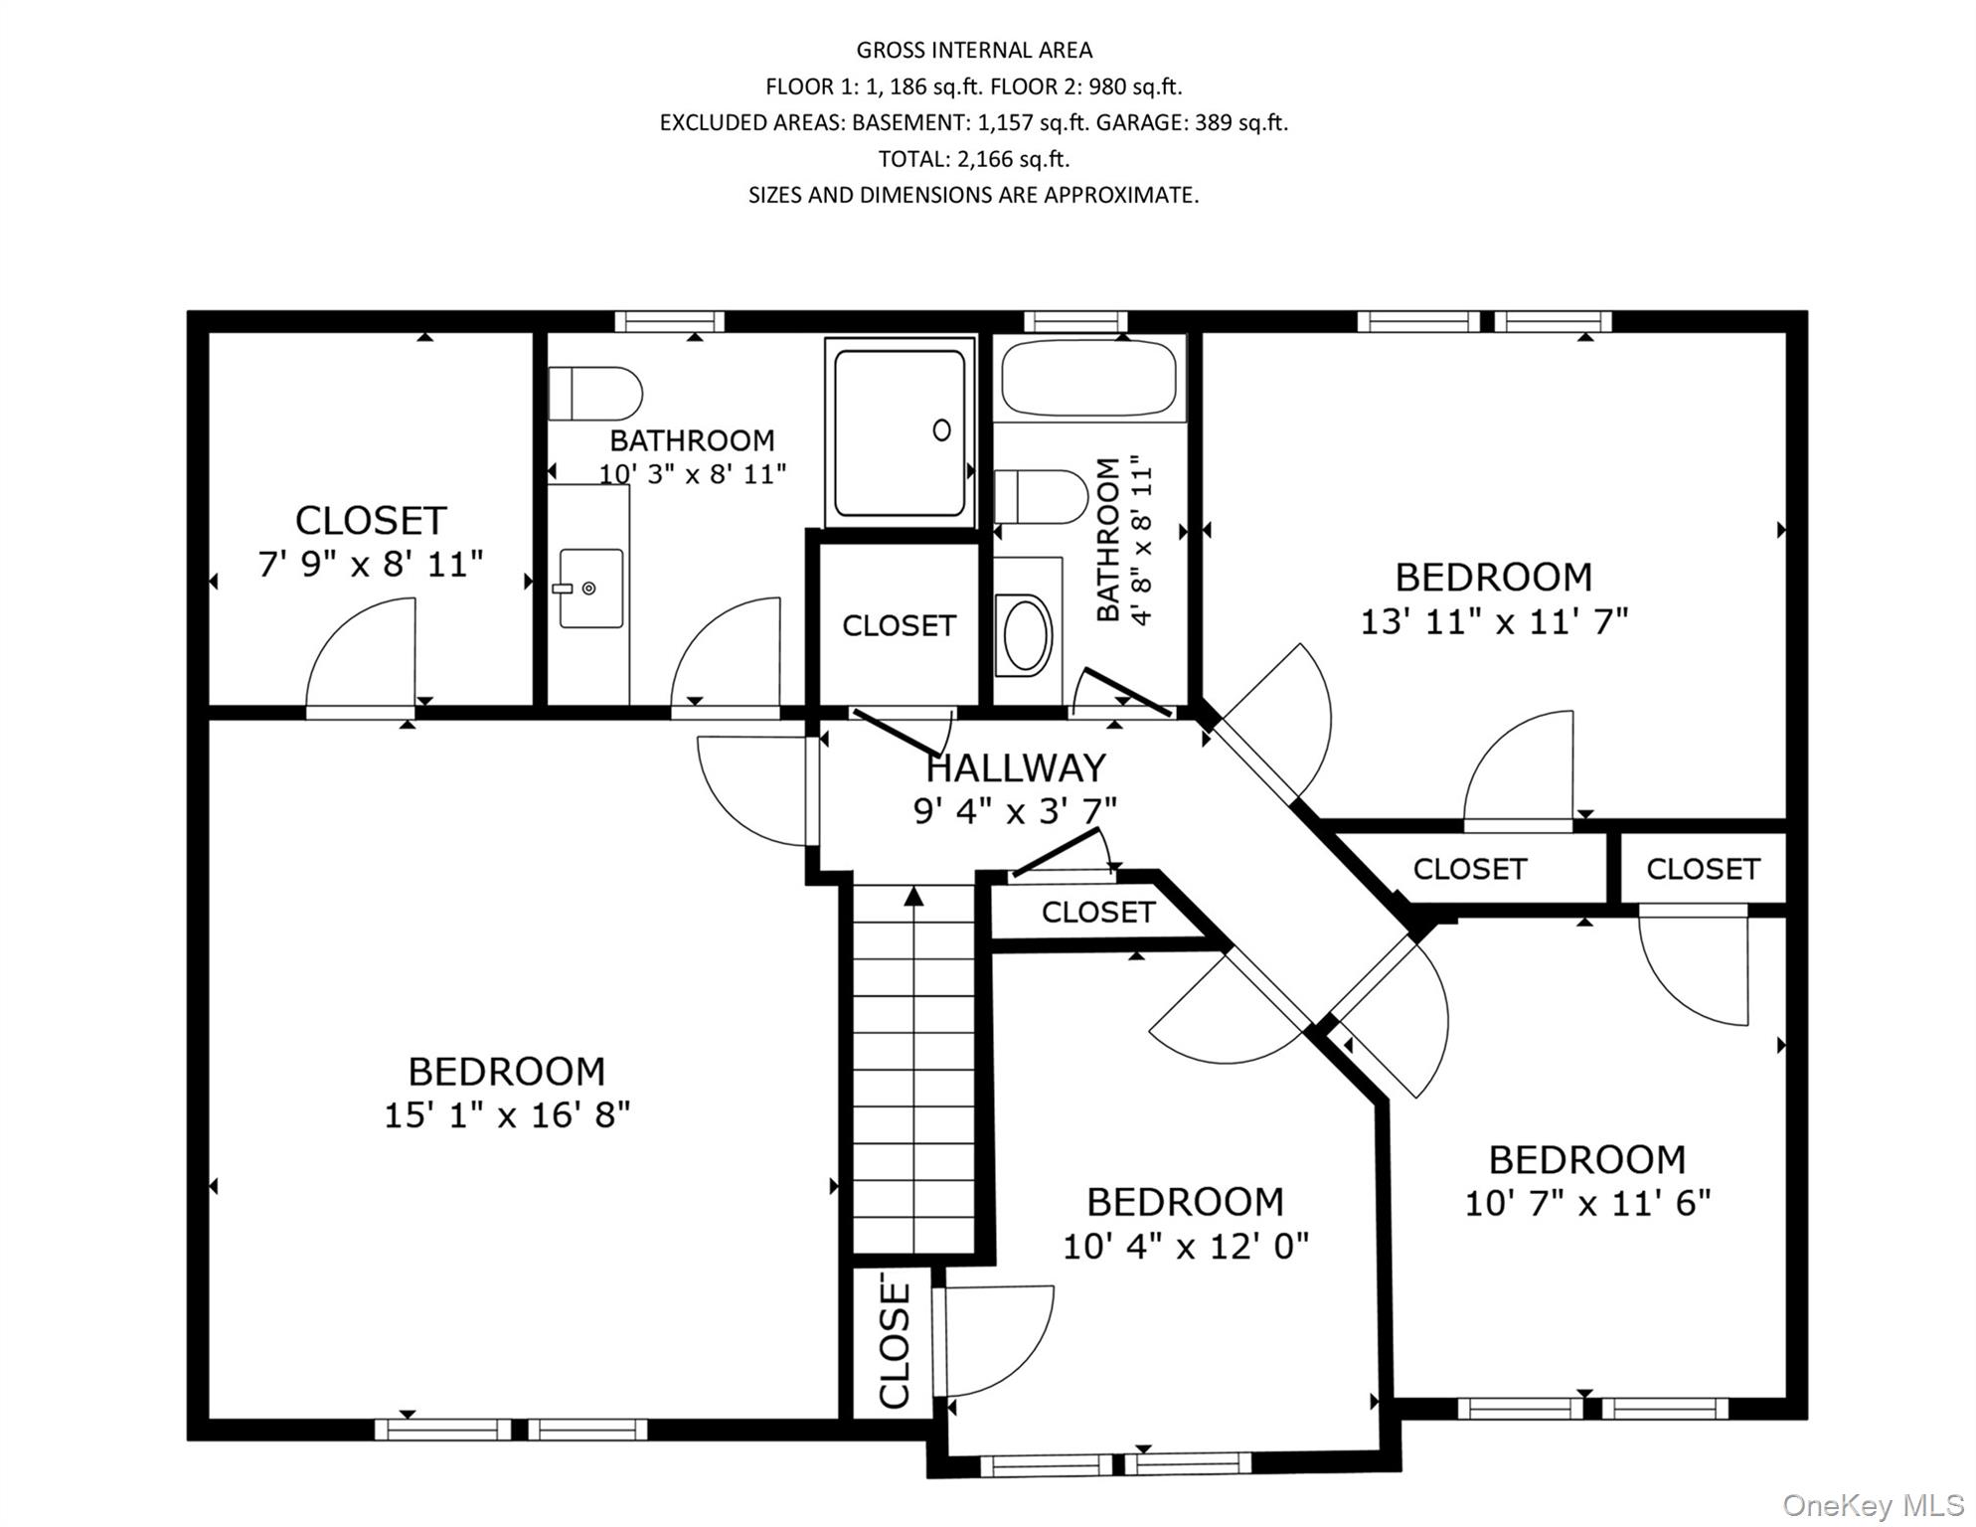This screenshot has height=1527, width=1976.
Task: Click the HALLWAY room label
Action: click(x=1015, y=768)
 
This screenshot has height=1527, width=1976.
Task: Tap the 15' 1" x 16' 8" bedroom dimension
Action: click(x=507, y=1115)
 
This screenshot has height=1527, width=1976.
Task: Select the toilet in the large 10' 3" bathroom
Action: click(x=594, y=394)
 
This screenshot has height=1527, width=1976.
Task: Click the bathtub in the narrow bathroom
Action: click(x=1088, y=378)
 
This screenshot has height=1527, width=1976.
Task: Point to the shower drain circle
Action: click(x=941, y=429)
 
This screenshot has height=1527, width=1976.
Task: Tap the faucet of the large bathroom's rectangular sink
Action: click(x=565, y=589)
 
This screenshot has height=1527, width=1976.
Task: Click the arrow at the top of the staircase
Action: click(x=913, y=896)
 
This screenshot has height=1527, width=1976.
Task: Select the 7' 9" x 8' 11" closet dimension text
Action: click(x=371, y=565)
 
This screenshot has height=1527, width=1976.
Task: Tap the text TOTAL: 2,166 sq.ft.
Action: click(x=973, y=159)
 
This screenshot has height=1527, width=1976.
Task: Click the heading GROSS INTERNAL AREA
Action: click(x=973, y=50)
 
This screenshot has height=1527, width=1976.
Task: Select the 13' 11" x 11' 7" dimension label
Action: click(x=1494, y=622)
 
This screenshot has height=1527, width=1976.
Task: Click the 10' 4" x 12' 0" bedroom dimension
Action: click(x=1185, y=1246)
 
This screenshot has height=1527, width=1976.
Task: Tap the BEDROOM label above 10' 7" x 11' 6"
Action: click(x=1586, y=1159)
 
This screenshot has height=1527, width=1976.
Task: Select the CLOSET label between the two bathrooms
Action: click(x=899, y=625)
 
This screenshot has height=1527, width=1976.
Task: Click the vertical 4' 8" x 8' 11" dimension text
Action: click(x=1141, y=541)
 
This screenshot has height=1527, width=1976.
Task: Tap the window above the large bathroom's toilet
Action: click(x=669, y=321)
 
